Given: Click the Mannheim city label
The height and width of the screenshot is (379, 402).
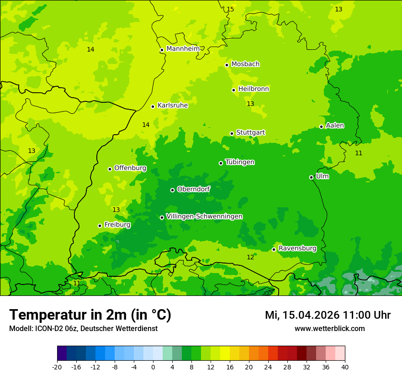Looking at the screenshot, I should pyautogui.click(x=183, y=49).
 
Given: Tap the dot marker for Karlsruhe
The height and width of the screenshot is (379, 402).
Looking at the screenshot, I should pyautogui.click(x=153, y=106).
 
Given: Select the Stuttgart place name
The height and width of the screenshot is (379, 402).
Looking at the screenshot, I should pyautogui.click(x=250, y=132).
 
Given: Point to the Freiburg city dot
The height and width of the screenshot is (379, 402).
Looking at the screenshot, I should pyautogui.click(x=100, y=226).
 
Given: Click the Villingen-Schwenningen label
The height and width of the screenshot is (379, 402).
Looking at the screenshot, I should pyautogui.click(x=204, y=216).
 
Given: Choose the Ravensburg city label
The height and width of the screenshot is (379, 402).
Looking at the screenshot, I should pyautogui.click(x=297, y=248).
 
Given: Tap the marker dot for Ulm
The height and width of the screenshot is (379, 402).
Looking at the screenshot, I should pyautogui.click(x=311, y=177).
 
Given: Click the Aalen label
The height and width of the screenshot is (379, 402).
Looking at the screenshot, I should pyautogui.click(x=335, y=126).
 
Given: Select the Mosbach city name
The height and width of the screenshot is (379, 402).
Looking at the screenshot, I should pyautogui.click(x=245, y=64).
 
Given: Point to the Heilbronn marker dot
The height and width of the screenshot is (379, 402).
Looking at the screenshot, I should pyautogui.click(x=233, y=90).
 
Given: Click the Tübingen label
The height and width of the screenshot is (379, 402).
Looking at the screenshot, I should pyautogui.click(x=240, y=162).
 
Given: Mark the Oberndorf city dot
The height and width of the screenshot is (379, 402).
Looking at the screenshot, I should pyautogui.click(x=172, y=190).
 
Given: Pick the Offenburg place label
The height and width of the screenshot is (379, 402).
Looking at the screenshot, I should pyautogui.click(x=130, y=168).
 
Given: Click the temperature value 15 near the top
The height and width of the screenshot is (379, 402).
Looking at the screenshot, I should pyautogui.click(x=230, y=9).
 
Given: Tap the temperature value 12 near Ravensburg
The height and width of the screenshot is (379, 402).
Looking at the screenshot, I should pyautogui.click(x=250, y=258).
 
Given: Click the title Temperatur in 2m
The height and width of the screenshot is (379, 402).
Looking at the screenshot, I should pyautogui.click(x=90, y=315).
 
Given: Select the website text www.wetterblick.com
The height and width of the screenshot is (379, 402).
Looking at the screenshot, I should pyautogui.click(x=329, y=328).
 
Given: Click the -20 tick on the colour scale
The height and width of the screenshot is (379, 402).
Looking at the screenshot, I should pyautogui.click(x=57, y=367).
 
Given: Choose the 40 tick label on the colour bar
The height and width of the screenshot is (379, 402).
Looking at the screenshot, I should pyautogui.click(x=345, y=367).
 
